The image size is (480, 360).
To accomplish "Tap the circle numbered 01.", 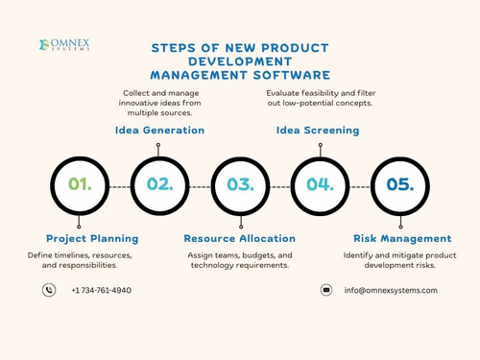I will coord(80,184).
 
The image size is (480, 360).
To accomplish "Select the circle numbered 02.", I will coord(159,184).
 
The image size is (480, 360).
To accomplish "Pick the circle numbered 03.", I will coord(240,184).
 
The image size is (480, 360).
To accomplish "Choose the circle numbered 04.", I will coord(320,184).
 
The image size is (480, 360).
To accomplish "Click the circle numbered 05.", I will coord(399,184).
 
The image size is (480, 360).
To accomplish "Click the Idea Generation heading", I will coord(159,130).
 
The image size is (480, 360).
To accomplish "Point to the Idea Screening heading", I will coord(318,130).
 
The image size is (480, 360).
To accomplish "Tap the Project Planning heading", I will coord(92,238).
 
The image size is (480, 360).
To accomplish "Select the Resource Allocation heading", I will coord(240,238).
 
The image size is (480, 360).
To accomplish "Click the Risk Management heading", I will coord(402,238).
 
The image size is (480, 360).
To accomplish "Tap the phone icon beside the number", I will coord(50,290).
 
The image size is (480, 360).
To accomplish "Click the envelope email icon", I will coord(326,290).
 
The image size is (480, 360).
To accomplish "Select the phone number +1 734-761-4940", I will coord(102,290).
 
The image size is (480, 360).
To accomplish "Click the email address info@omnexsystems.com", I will coord(391,290).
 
